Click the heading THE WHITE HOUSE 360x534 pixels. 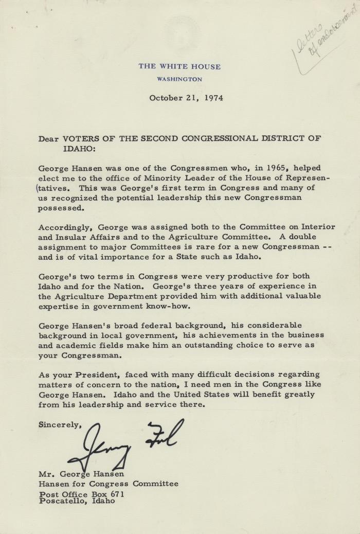click(x=180, y=67)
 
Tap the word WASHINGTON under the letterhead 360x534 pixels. click(x=180, y=79)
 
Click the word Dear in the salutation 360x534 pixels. click(x=49, y=138)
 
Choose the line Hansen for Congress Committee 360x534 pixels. click(x=109, y=484)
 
